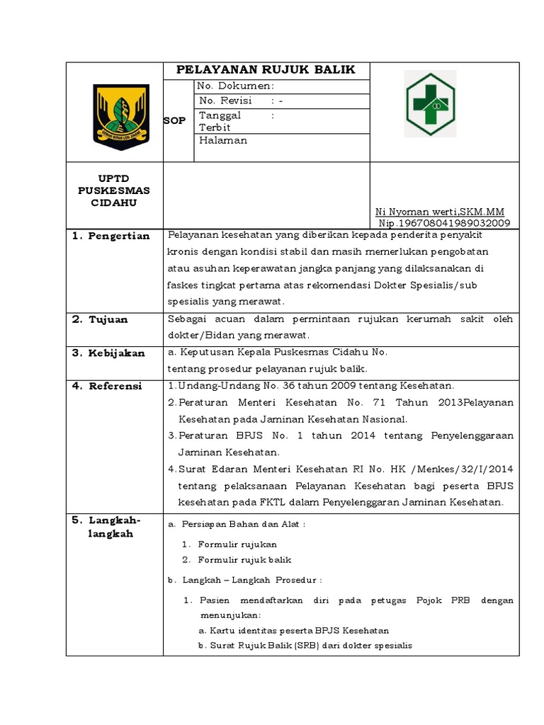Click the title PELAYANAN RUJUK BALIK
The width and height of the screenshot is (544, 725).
[265, 70]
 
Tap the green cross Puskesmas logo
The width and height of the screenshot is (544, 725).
[430, 103]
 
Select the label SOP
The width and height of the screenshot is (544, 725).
[175, 120]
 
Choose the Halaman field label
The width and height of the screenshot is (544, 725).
[223, 140]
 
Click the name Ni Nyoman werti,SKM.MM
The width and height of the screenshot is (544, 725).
[439, 212]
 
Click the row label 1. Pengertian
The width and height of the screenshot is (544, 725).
[111, 236]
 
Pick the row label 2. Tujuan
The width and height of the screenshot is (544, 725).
[101, 319]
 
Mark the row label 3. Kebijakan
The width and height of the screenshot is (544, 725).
[108, 353]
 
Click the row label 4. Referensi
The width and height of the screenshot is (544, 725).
[108, 386]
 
